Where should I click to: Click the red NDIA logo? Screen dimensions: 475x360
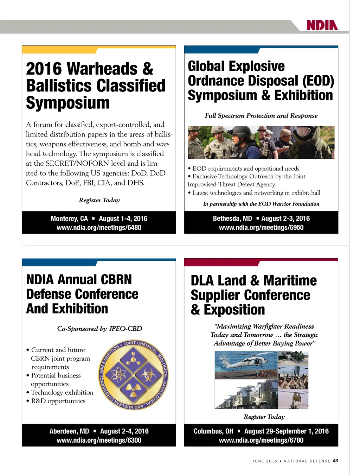coord(322,25)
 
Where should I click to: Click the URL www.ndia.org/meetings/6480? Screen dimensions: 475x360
coord(99,228)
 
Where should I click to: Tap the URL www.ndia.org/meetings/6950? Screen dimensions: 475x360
coord(261,228)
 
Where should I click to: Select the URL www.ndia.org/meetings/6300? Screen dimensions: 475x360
coord(99,440)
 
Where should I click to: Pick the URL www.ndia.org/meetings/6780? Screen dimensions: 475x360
coord(261,440)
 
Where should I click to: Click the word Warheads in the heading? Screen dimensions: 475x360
coord(102,69)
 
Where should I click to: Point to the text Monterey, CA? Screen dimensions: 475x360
coord(69,218)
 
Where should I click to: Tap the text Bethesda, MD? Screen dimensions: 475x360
coord(232,218)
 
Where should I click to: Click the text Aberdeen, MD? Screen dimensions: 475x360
coord(69,431)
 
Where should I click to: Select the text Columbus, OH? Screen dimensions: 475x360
coord(213,431)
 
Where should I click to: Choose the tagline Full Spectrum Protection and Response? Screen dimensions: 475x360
coord(261,116)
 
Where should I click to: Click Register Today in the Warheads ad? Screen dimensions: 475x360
coord(99,200)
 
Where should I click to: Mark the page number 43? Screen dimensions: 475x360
coord(335,461)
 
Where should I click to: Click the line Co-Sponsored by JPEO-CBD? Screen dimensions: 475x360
coord(99,329)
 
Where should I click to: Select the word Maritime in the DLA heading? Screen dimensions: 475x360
coord(290,281)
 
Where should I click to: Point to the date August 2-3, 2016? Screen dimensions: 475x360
coord(285,218)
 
